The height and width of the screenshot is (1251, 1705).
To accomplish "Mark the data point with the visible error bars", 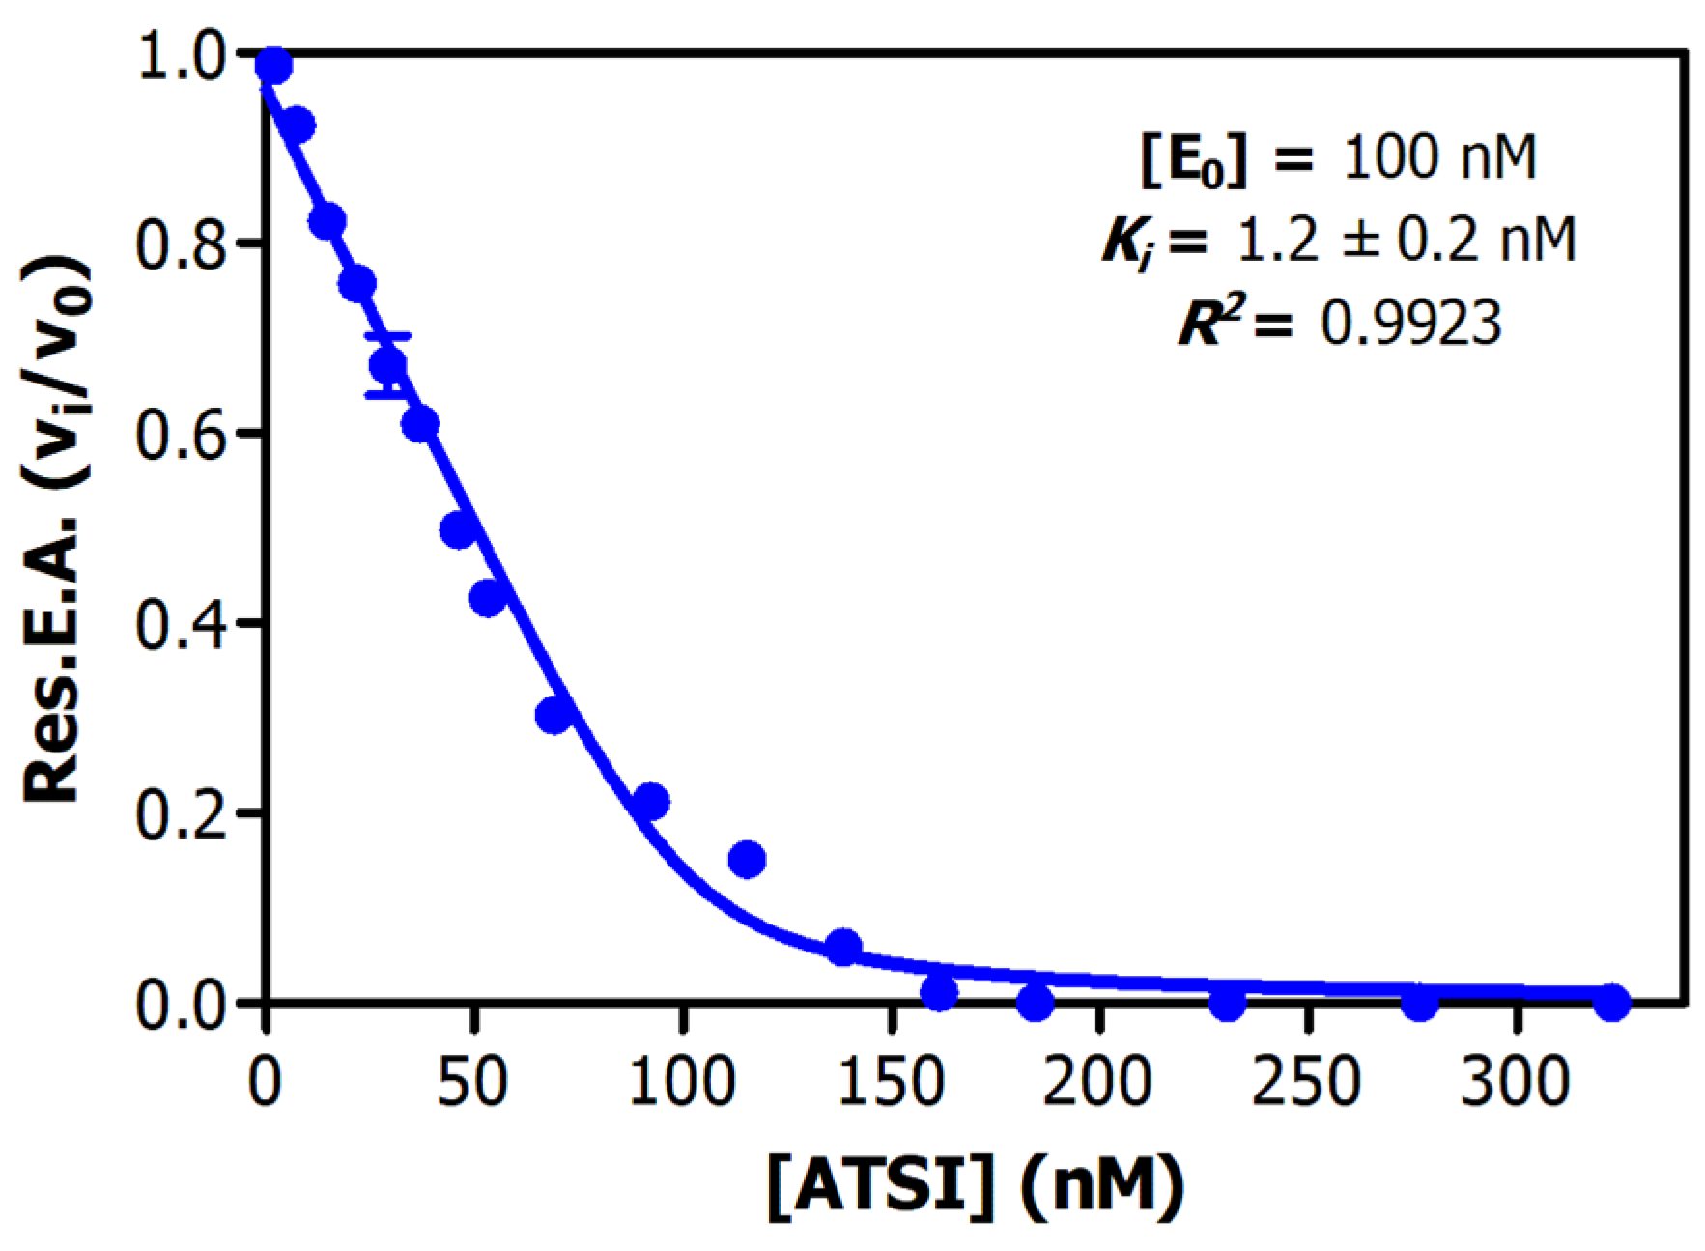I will tap(387, 366).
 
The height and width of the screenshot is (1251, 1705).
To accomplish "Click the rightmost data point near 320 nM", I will tap(1611, 1003).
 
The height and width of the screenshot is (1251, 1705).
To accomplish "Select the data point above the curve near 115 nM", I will tap(747, 859).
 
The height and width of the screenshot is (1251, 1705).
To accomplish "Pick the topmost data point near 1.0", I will tap(273, 66).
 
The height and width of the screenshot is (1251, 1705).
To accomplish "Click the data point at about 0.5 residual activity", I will tap(458, 529).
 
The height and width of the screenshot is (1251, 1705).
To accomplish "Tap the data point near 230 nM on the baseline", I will tap(1227, 1003).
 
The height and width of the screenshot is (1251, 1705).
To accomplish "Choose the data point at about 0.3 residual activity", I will tap(554, 716).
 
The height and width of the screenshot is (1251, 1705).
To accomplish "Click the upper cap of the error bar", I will tap(387, 336).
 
